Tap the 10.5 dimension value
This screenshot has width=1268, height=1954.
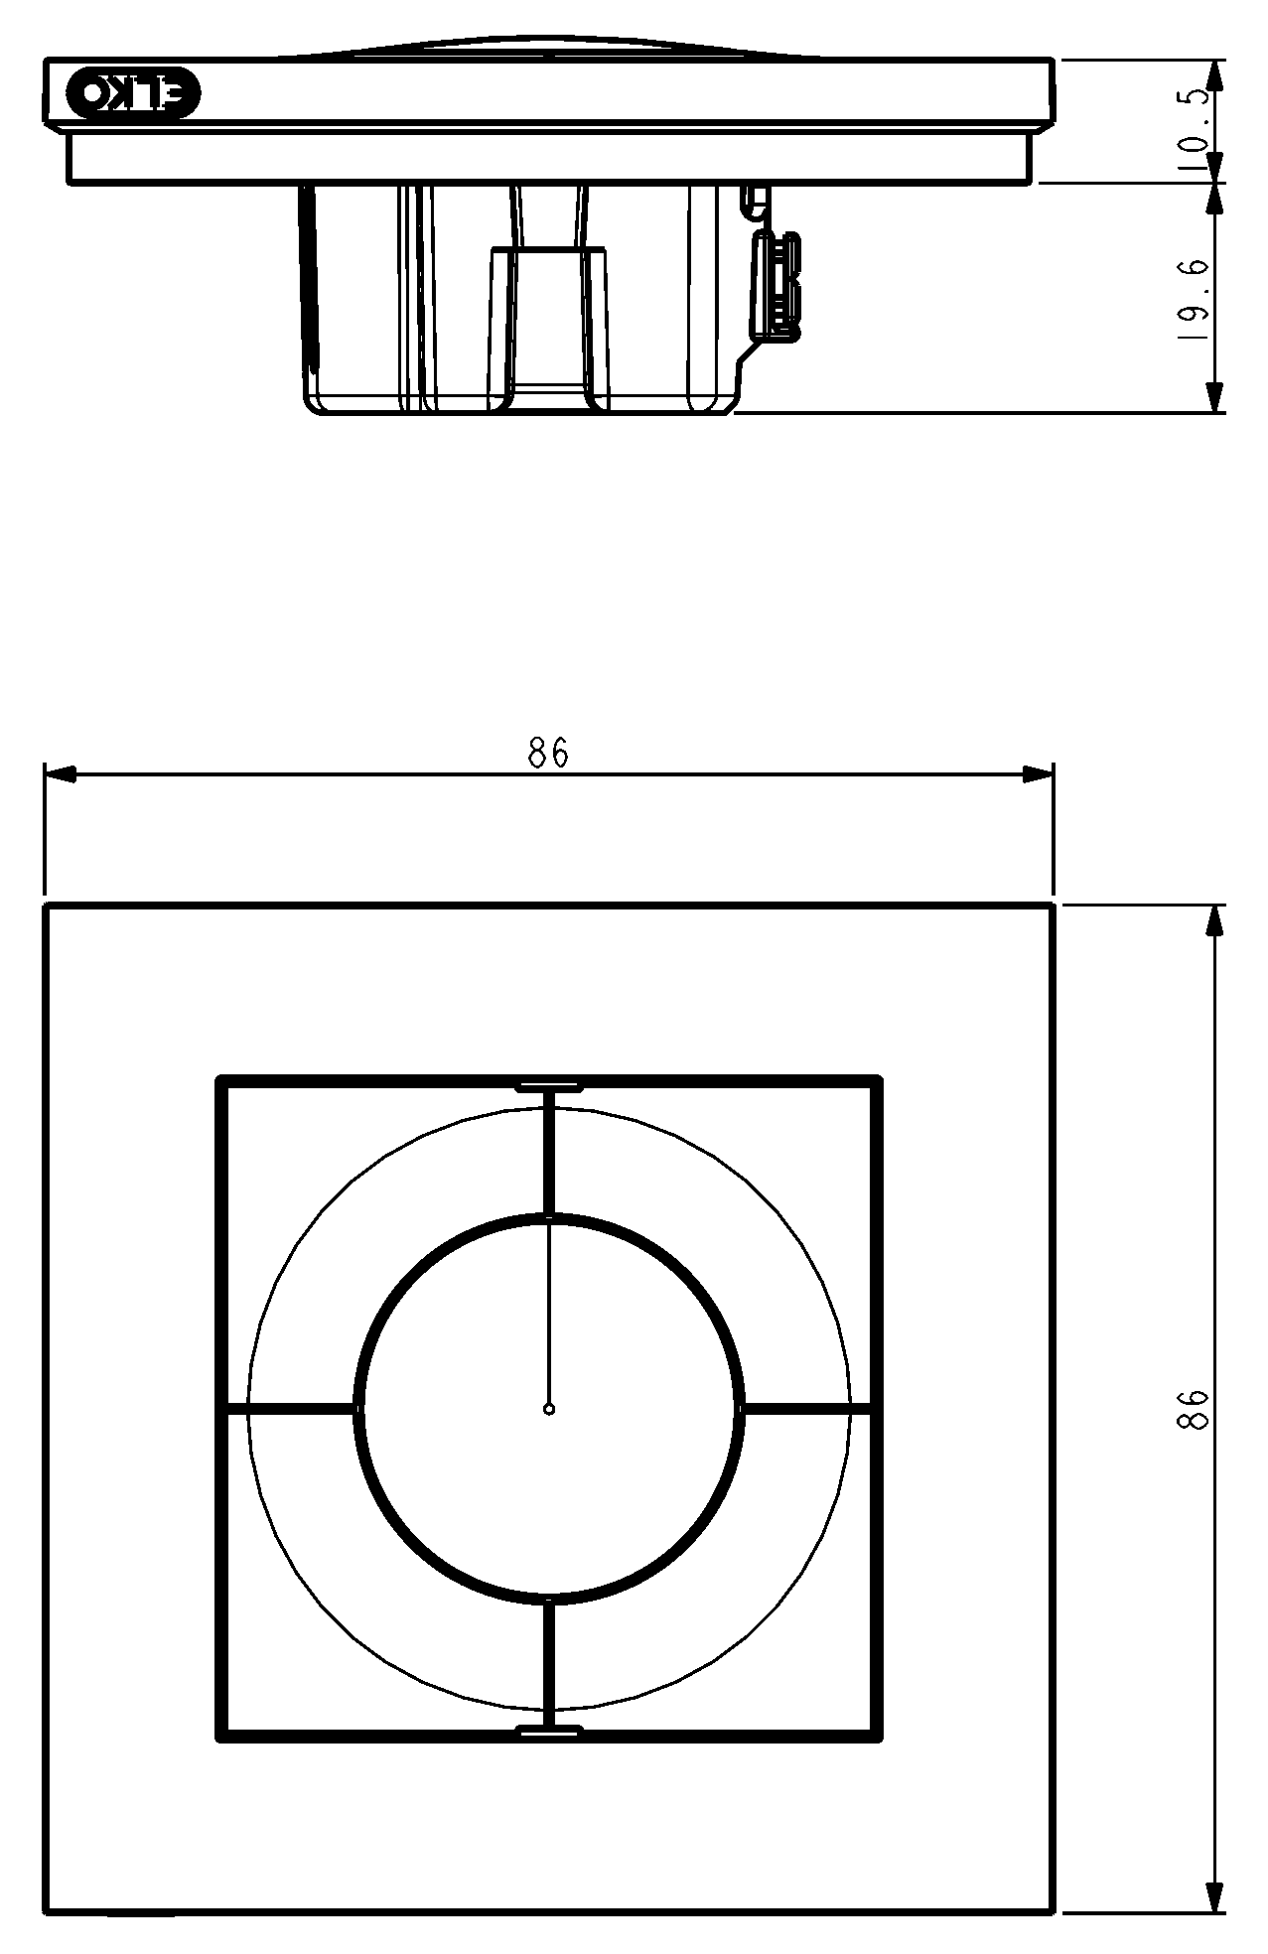(1195, 130)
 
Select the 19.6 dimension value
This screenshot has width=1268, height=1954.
(1194, 299)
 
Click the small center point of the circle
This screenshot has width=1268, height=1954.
(549, 1408)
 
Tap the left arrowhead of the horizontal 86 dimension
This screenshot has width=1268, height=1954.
(61, 773)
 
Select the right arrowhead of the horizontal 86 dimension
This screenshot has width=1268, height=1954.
(1038, 773)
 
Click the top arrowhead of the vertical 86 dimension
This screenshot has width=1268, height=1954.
(1213, 920)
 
